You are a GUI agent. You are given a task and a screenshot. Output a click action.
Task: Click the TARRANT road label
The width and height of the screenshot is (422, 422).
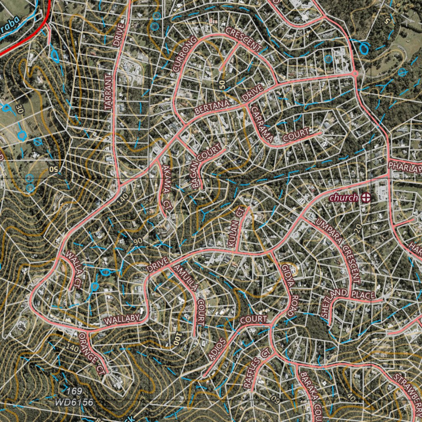[108, 92]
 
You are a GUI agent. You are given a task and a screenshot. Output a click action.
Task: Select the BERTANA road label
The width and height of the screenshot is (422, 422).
[212, 108]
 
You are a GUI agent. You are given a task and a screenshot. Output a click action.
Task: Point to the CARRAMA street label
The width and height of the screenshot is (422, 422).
[262, 124]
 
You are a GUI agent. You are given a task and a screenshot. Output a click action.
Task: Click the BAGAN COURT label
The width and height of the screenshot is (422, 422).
[208, 167]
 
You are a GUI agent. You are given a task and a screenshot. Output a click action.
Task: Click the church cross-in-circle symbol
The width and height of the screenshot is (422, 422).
[365, 198]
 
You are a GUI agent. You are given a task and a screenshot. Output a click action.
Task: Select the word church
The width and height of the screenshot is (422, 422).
[344, 198]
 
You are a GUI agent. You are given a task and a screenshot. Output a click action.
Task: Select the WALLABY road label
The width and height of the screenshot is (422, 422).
[120, 320]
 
